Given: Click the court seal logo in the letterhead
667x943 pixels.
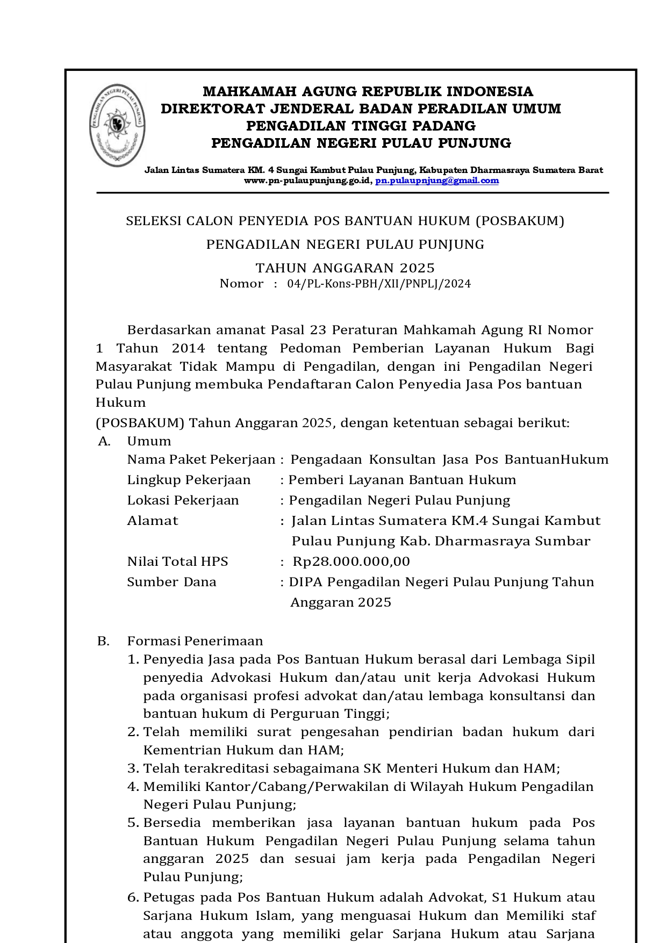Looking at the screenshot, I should [x=117, y=125].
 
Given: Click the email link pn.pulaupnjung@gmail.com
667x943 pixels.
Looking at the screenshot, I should [x=437, y=181].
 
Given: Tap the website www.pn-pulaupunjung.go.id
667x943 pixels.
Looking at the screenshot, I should [x=307, y=181].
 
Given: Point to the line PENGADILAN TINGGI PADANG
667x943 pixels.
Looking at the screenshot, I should [x=361, y=126].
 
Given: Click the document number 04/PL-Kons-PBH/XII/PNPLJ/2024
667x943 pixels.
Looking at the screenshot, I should [x=379, y=284].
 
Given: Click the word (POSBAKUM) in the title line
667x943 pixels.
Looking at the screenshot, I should [x=520, y=221].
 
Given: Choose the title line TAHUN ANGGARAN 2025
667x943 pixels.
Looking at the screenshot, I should [x=345, y=268].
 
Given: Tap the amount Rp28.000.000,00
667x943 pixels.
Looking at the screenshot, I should [x=351, y=562].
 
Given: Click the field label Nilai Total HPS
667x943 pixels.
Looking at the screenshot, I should [x=177, y=562].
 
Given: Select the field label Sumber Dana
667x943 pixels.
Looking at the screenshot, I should [x=171, y=582].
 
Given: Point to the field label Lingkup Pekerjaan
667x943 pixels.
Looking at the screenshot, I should [x=189, y=480].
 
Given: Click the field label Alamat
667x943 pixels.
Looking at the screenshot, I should [x=152, y=521].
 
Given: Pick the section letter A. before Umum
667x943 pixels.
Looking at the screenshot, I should [x=104, y=441].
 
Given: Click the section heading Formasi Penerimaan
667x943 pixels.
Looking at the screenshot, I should [x=195, y=641].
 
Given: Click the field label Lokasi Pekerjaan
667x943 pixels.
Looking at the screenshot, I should [x=183, y=500].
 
